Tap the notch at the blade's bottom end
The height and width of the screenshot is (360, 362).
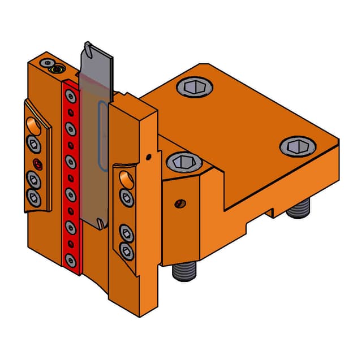[100, 224]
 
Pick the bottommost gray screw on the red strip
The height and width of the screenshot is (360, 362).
[70, 259]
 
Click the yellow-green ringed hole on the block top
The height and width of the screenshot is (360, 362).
[56, 70]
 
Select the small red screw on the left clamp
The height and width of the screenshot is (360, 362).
[37, 164]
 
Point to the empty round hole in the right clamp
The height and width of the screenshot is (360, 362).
[123, 179]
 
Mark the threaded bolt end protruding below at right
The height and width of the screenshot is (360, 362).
[298, 209]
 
